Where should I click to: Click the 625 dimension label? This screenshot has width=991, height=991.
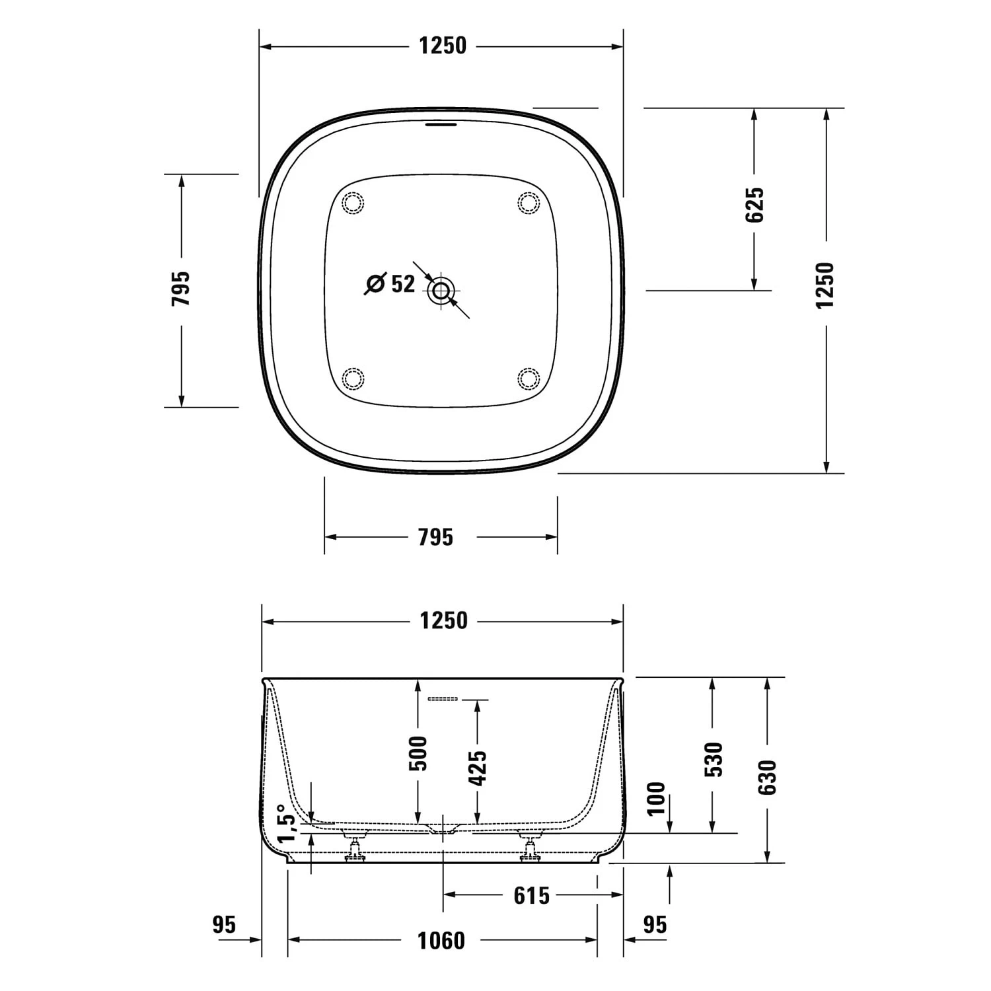tap(755, 204)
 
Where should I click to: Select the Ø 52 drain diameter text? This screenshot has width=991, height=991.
tap(390, 284)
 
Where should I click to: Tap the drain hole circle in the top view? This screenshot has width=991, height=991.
tap(441, 290)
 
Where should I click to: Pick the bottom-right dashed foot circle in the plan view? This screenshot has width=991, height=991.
tap(529, 379)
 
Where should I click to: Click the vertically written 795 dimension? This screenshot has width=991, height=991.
tap(180, 287)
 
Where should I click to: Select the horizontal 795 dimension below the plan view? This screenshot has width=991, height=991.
tap(436, 537)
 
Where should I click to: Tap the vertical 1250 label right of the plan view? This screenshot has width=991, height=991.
tap(825, 285)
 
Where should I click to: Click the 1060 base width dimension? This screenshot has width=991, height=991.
tap(441, 940)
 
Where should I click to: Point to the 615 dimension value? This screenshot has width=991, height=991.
tap(531, 895)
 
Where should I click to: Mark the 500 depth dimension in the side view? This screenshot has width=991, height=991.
tap(418, 753)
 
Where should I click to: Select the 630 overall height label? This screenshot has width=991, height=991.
tap(768, 770)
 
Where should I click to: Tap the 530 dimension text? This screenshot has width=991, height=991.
tap(714, 759)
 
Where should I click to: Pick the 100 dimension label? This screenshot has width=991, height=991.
tap(656, 799)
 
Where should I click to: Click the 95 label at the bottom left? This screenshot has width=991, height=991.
tap(224, 924)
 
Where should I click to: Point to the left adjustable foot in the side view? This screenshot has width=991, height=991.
tap(354, 847)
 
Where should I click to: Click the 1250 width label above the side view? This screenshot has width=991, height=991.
tap(443, 621)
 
